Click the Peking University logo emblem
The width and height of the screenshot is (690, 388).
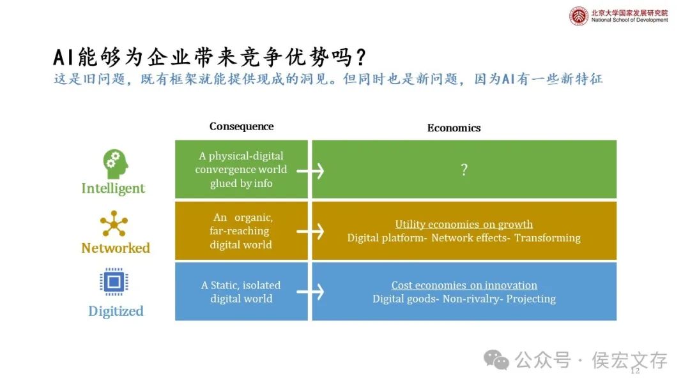579,16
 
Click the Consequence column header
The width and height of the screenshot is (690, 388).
241,126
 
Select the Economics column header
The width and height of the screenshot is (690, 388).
454,128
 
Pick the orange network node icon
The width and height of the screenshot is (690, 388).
114,224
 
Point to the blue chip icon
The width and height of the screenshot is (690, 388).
114,282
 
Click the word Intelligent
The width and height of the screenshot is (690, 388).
113,188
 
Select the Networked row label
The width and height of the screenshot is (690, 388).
116,248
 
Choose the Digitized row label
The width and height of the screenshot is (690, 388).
116,311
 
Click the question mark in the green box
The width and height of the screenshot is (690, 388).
464,170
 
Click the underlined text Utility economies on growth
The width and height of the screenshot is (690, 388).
464,224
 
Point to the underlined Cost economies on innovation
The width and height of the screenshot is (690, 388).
464,285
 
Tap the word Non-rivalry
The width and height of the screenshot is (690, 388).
468,299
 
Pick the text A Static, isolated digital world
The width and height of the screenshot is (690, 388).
241,292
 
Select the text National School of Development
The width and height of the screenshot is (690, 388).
629,20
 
